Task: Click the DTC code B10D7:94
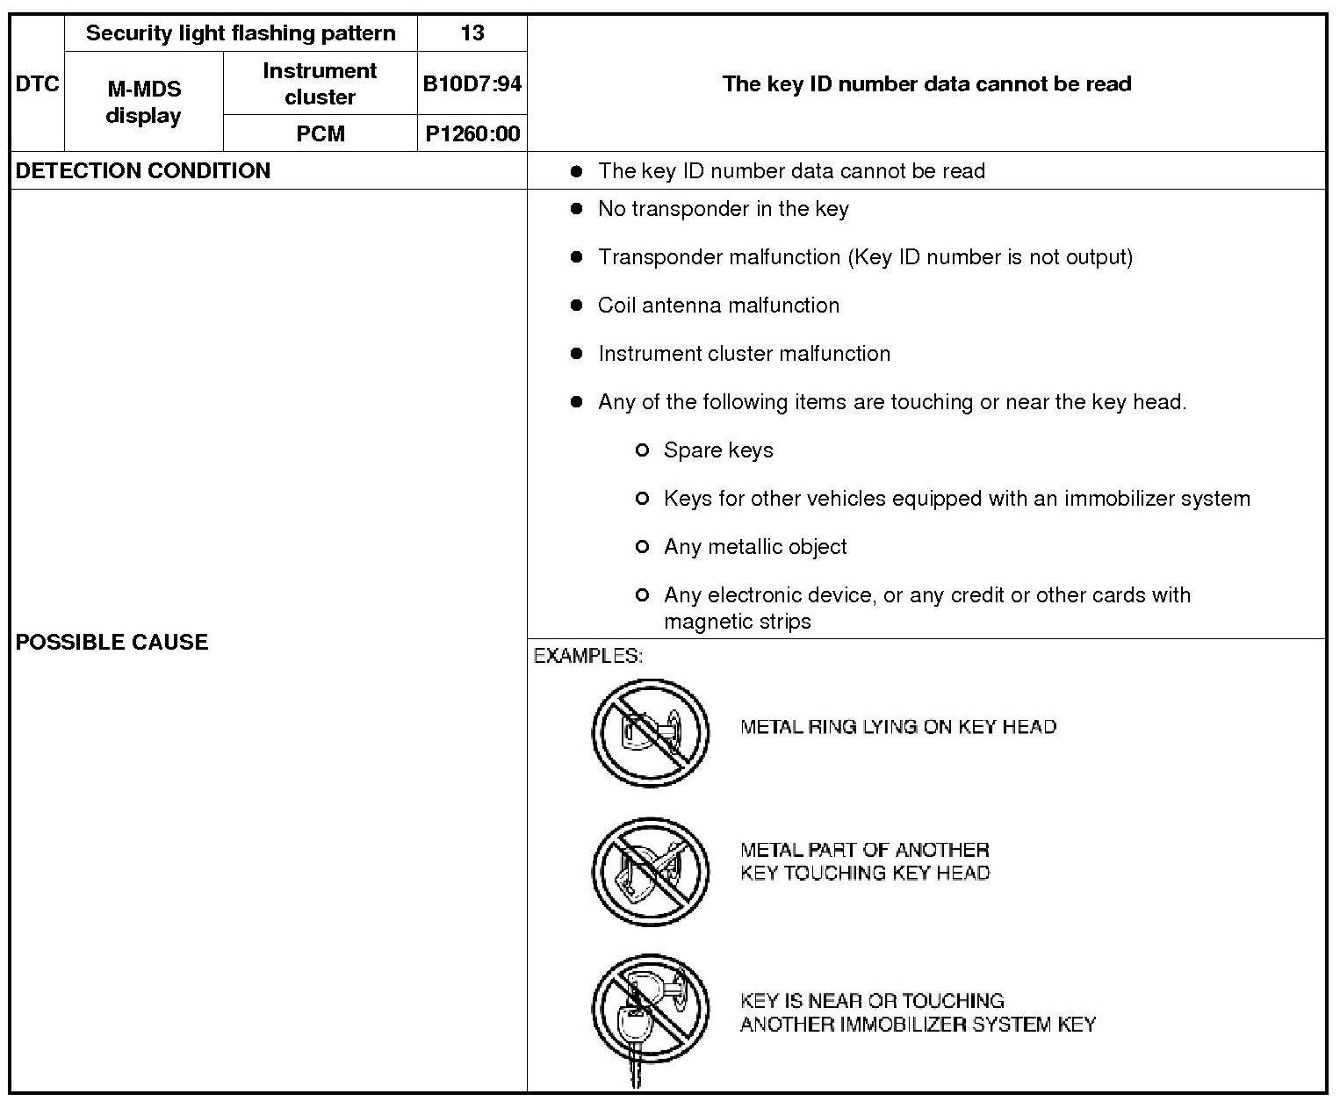coord(472,83)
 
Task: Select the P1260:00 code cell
coord(472,133)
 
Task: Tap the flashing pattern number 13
coord(472,33)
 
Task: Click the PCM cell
coord(320,133)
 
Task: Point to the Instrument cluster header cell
coord(320,83)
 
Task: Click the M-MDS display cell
coord(143,102)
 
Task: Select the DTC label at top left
coord(37,83)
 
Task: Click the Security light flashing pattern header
coord(241,33)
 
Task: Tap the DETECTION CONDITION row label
coord(143,170)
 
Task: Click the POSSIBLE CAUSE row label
coord(112,642)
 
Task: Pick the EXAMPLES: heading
coord(588,656)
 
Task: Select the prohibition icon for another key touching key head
coord(650,871)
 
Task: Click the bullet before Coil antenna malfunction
coord(576,306)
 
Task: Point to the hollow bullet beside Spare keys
coord(642,450)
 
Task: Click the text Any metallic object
coord(755,547)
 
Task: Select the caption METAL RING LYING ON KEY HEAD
coord(898,727)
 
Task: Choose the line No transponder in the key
coord(723,209)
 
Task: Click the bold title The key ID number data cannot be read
coord(926,84)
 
